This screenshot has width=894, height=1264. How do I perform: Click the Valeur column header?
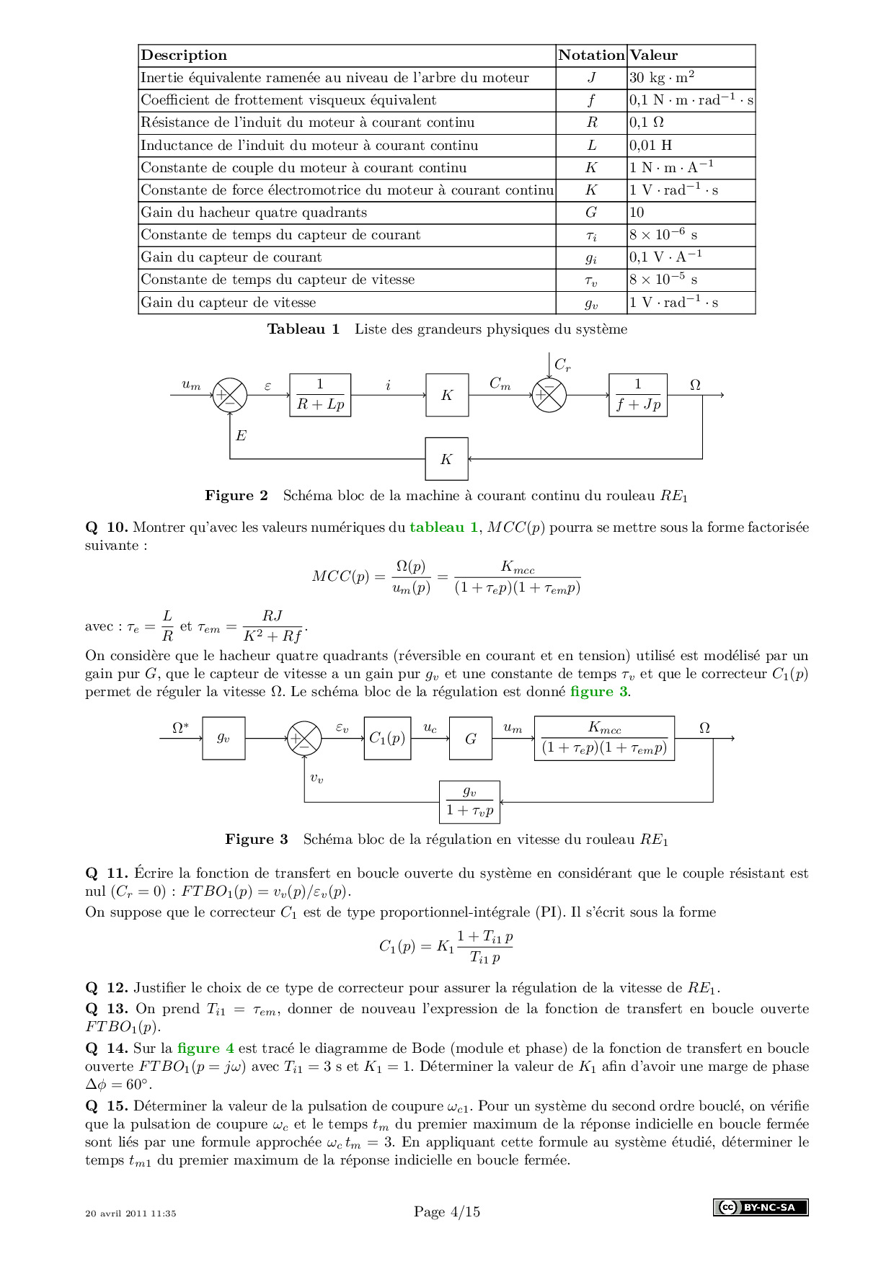[654, 55]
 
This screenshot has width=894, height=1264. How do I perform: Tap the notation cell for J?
[591, 78]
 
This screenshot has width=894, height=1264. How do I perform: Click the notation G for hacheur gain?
[591, 213]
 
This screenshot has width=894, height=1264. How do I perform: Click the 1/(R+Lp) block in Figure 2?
[320, 395]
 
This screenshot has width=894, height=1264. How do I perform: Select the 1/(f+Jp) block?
[638, 395]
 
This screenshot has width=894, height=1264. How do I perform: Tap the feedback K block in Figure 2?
[446, 459]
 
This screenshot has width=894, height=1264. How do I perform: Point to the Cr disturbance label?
[562, 365]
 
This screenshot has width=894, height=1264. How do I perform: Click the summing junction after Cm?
[549, 395]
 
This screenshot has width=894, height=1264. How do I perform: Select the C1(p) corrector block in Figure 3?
[387, 738]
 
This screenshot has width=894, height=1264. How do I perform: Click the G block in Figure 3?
[471, 738]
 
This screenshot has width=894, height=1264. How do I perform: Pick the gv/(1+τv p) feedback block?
[469, 801]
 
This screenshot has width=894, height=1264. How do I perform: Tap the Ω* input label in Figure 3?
[180, 729]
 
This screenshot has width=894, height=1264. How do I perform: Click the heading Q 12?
[107, 987]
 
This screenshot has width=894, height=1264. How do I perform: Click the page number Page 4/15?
[447, 1211]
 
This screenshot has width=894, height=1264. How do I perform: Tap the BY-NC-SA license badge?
[761, 1207]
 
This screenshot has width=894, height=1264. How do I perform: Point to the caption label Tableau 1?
[304, 329]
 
